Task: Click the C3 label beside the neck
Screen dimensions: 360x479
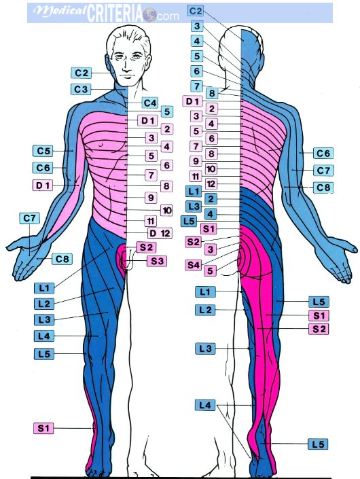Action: [x=81, y=90]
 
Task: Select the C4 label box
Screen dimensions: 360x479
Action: [x=150, y=103]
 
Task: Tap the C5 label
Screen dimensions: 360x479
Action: [x=43, y=151]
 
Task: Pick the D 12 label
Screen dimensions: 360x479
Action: [x=160, y=234]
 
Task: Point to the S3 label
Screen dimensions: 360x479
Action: [x=157, y=261]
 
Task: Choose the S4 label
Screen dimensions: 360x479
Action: [x=194, y=265]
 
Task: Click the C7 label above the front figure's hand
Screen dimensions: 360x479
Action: [x=29, y=218]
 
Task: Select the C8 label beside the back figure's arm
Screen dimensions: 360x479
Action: [x=323, y=188]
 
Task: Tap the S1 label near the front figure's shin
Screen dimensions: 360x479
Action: [x=43, y=428]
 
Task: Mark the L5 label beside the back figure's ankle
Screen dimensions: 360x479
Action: [x=318, y=444]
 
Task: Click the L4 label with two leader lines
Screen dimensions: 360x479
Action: [x=205, y=406]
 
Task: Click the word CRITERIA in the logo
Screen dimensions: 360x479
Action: [x=115, y=14]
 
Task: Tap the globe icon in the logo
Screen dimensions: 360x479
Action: [x=149, y=15]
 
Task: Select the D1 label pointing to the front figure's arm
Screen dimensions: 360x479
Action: [x=43, y=185]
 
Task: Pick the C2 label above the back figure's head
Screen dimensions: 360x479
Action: [x=196, y=11]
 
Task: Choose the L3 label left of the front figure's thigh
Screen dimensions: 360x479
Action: [x=44, y=320]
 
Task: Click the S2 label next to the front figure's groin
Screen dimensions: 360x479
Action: [x=146, y=247]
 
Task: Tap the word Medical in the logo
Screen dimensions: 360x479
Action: [x=60, y=12]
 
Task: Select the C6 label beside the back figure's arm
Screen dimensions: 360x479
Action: [x=323, y=153]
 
